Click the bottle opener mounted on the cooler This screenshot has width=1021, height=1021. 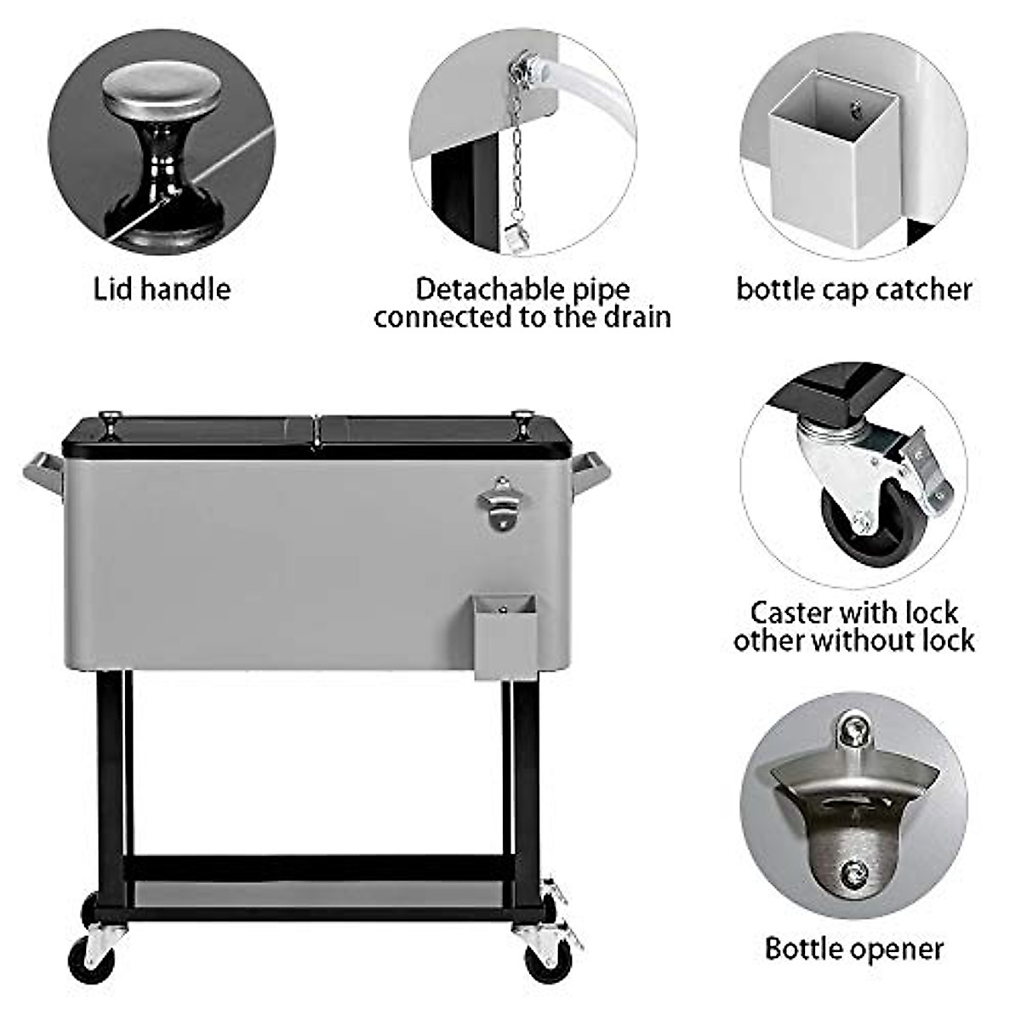(x=499, y=503)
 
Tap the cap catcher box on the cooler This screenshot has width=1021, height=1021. (x=505, y=636)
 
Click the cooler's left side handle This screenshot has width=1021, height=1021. (x=43, y=475)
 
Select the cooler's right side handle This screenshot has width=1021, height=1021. (x=591, y=472)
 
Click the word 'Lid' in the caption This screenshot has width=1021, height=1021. (x=112, y=289)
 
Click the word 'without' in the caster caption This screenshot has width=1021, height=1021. (x=856, y=640)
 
